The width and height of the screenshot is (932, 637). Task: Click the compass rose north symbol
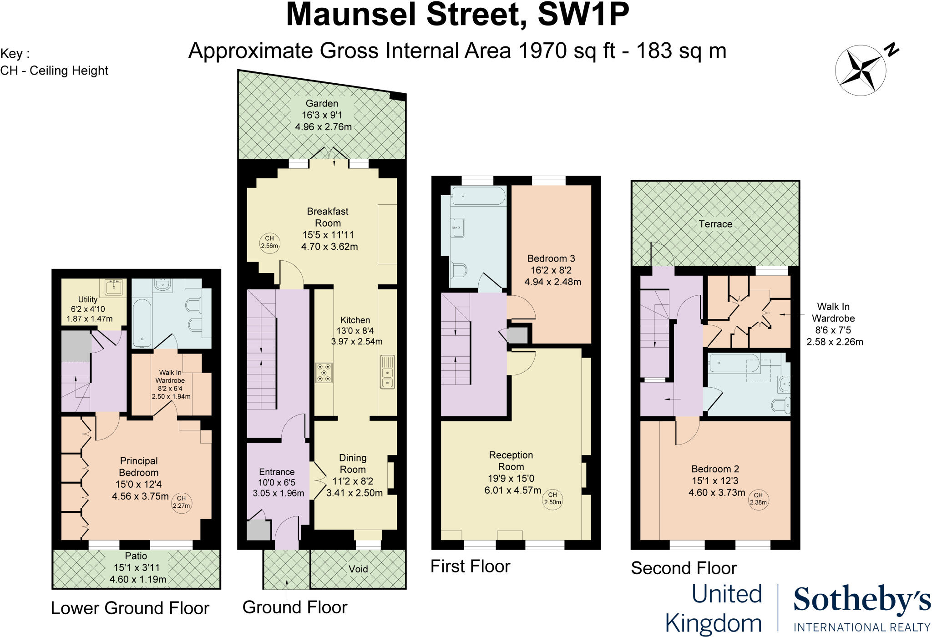(x=861, y=71)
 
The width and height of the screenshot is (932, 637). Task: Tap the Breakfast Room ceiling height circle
(x=269, y=242)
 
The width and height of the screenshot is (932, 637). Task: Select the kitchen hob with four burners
(x=324, y=373)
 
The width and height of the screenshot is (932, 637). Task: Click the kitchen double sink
(x=387, y=372)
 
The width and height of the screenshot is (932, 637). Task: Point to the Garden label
(x=322, y=104)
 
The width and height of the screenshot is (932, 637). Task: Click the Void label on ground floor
(x=358, y=569)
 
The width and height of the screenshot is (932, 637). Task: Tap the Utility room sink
(x=113, y=288)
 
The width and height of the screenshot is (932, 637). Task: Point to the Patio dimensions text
(x=137, y=573)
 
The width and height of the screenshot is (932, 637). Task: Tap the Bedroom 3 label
(x=551, y=258)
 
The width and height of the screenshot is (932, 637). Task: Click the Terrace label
(x=715, y=224)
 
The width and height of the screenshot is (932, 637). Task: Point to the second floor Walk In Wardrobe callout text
(x=834, y=324)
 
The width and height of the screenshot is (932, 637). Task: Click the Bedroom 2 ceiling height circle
(x=758, y=499)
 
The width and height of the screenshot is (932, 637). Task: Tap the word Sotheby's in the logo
(x=862, y=600)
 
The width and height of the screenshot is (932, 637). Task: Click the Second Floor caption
(x=684, y=568)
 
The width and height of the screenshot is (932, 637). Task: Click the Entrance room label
(x=277, y=472)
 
